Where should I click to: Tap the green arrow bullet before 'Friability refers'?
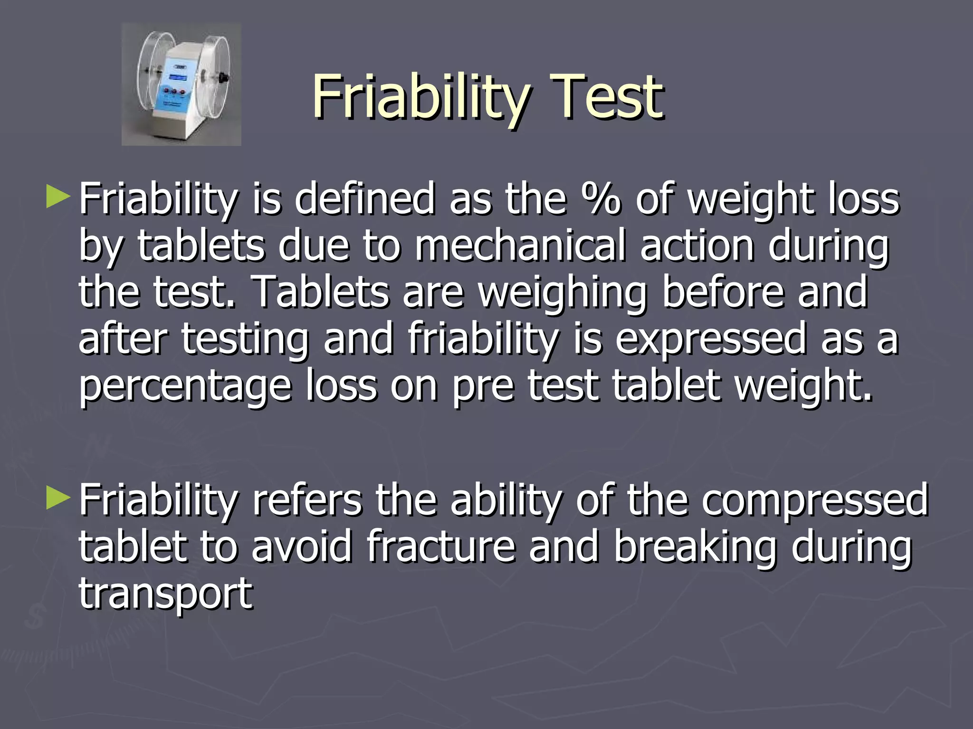pos(58,498)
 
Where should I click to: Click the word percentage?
pos(185,387)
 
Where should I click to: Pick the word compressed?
pos(814,501)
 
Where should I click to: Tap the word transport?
pos(165,594)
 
